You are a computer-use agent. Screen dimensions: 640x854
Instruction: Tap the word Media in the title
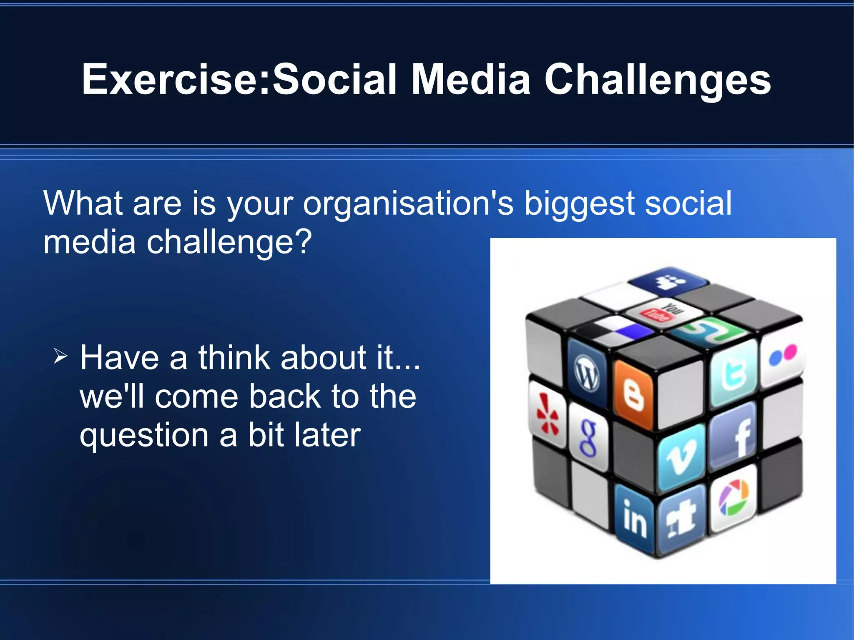[471, 79]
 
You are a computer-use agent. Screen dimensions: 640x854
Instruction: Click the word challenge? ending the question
[229, 242]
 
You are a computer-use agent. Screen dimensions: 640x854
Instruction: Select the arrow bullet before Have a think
[60, 356]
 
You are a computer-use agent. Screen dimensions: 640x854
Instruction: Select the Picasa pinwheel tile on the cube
[734, 498]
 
